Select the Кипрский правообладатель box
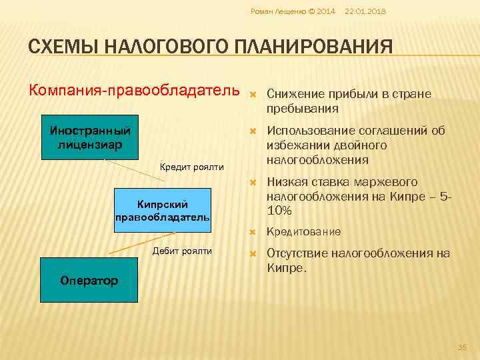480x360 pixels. [162, 210]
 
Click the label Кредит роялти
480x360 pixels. [193, 167]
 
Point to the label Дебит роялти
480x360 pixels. [182, 251]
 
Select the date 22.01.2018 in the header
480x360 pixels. [366, 12]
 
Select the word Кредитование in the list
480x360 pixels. [303, 231]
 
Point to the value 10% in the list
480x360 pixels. [279, 210]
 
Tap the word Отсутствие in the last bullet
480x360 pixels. [299, 253]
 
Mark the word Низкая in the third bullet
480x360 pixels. [286, 182]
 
